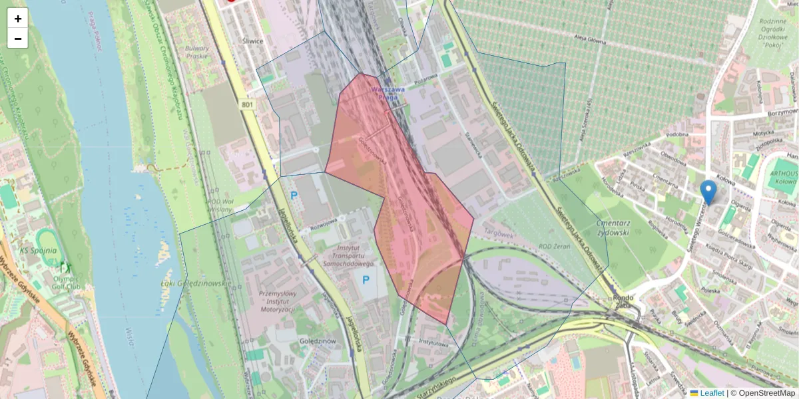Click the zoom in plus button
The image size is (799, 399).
pyautogui.click(x=18, y=19)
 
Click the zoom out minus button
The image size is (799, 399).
pyautogui.click(x=18, y=39)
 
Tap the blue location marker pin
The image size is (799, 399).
pyautogui.click(x=708, y=192)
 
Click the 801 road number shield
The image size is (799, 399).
pyautogui.click(x=248, y=105)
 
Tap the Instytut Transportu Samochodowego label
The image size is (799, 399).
pyautogui.click(x=353, y=255)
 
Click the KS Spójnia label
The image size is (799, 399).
pyautogui.click(x=38, y=251)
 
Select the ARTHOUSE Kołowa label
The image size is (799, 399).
pyautogui.click(x=783, y=176)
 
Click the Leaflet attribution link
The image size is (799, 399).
pyautogui.click(x=711, y=393)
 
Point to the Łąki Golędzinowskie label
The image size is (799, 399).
pyautogui.click(x=196, y=284)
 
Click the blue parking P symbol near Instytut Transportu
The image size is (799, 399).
pyautogui.click(x=366, y=281)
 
